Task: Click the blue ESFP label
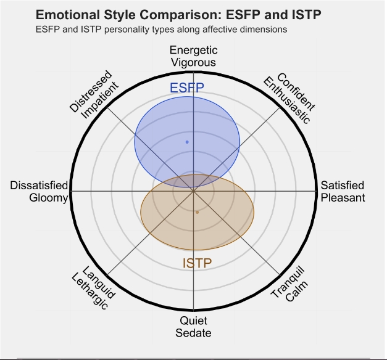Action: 187,88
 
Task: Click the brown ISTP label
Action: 198,264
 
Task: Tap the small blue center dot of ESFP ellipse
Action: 187,142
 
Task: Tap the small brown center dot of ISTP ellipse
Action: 197,212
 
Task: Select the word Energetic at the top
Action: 193,51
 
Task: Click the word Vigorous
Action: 193,62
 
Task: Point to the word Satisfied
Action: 343,186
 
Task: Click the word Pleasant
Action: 343,198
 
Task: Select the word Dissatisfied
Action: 39,186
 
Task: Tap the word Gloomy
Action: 48,198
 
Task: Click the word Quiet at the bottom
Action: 193,321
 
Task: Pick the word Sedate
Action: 193,333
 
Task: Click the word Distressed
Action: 90,91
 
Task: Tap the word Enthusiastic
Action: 287,100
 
